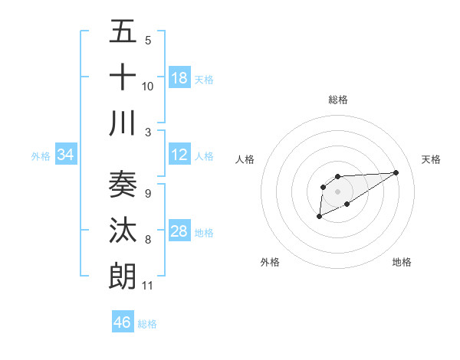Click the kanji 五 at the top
tap(123, 34)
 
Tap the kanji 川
tap(123, 123)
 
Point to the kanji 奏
tap(123, 185)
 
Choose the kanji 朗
tap(123, 275)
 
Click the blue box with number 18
tap(179, 78)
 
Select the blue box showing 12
tap(179, 155)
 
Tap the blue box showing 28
tap(179, 232)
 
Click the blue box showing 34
tap(66, 155)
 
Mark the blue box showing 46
tap(123, 322)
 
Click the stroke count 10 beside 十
tap(148, 86)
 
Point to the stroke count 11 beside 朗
tap(148, 286)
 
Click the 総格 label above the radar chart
tap(337, 100)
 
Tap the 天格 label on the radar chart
tap(431, 159)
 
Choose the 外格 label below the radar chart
tap(270, 262)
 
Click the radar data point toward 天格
tap(396, 172)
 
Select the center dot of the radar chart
tap(337, 191)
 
